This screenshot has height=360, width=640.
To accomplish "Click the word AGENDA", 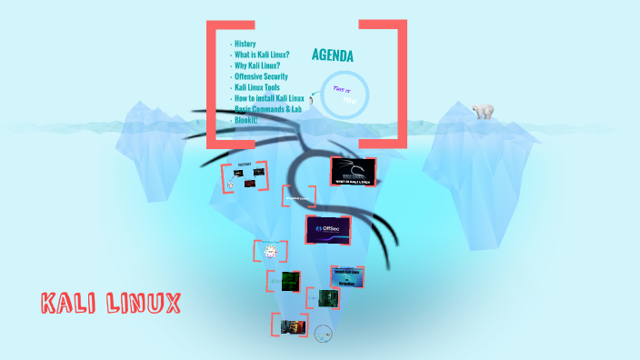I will tap(332, 55).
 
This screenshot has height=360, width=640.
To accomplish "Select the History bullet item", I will tap(245, 44).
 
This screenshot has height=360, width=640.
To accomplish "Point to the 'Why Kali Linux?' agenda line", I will tap(256, 65).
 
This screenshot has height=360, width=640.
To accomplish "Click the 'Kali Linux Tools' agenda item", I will tap(257, 87).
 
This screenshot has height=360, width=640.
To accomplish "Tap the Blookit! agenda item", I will tap(246, 120).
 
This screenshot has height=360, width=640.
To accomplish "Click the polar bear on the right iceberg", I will tap(483, 111).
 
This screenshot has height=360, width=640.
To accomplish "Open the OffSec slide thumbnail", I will tap(327, 230).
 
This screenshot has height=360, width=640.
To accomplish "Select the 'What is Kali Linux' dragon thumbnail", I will tap(353, 173).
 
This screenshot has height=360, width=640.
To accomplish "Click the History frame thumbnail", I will tap(245, 176).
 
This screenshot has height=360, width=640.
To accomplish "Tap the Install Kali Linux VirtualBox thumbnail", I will tap(348, 276).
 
